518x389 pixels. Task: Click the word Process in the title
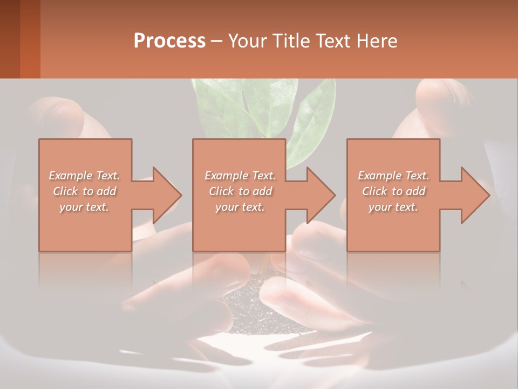coord(169,41)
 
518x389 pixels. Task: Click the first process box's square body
coord(85,227)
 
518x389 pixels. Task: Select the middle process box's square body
coord(239,227)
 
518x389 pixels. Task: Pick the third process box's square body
coord(393,227)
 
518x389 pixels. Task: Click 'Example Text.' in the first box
coord(85,176)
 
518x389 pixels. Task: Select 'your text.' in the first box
coord(85,206)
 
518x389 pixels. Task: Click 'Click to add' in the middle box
coord(240,191)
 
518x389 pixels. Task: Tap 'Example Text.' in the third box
coord(393,176)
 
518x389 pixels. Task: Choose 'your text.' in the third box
coord(393,206)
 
